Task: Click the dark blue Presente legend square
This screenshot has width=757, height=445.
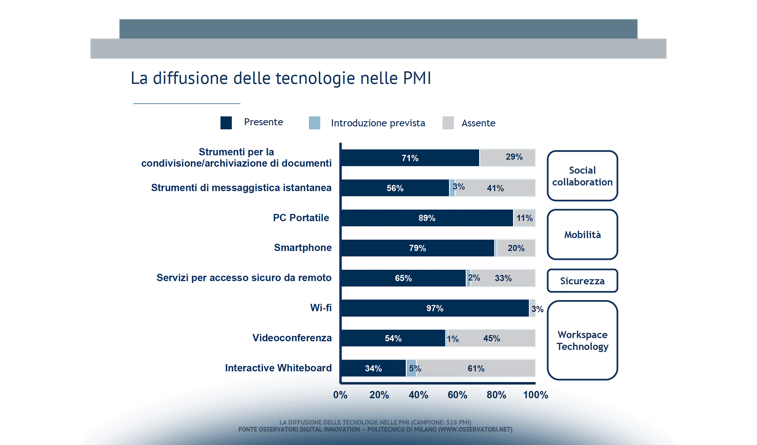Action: [x=226, y=123]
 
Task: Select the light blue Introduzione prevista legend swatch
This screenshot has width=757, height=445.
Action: [x=314, y=123]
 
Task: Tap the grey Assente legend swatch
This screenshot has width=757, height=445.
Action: [x=448, y=123]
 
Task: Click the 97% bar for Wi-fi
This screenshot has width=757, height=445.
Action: [x=435, y=308]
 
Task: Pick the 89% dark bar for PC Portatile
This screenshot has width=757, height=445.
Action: [x=427, y=218]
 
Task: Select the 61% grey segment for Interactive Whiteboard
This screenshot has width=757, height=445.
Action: [x=476, y=368]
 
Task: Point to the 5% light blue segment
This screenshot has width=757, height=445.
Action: [x=411, y=368]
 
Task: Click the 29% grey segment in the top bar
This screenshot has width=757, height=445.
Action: [x=507, y=158]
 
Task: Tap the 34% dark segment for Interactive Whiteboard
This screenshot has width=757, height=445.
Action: [x=373, y=368]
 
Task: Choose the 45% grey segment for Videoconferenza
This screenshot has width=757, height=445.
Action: [x=491, y=338]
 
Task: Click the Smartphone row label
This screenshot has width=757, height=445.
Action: [x=303, y=248]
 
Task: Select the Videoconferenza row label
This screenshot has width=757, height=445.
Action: [x=292, y=338]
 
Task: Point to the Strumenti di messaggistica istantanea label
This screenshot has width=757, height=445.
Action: [x=241, y=188]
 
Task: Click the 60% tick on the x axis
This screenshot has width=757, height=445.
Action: [x=457, y=395]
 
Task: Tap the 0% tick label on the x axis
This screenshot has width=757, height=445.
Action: [x=340, y=395]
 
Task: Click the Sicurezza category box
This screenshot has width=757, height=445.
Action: [x=582, y=281]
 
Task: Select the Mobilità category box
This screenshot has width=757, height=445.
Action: [x=582, y=234]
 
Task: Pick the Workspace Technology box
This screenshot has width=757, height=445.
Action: [x=582, y=340]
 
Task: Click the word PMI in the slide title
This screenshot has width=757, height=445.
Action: [x=417, y=78]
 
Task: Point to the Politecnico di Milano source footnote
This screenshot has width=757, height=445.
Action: [x=375, y=429]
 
